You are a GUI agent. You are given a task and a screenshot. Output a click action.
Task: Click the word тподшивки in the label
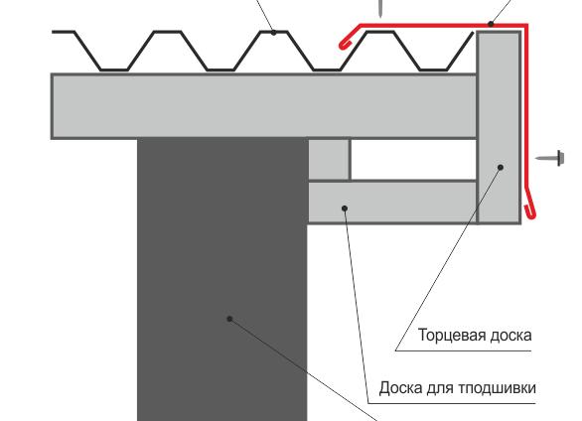(x=502, y=387)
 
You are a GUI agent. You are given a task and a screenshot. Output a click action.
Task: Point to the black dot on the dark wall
(x=229, y=319)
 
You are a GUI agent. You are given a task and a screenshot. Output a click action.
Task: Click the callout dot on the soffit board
(x=345, y=208)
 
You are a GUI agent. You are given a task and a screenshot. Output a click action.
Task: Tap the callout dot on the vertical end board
(x=502, y=168)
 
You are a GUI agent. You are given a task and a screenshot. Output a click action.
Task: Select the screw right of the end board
(x=549, y=157)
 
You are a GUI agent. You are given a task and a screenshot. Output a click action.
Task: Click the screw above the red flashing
(x=379, y=8)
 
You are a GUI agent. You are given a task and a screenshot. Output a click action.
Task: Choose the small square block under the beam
(x=329, y=159)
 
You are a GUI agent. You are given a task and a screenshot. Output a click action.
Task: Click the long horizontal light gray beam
(x=258, y=105)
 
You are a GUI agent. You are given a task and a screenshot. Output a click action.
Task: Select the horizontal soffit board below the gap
(x=397, y=202)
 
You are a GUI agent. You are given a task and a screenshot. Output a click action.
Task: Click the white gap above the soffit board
(x=413, y=159)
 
